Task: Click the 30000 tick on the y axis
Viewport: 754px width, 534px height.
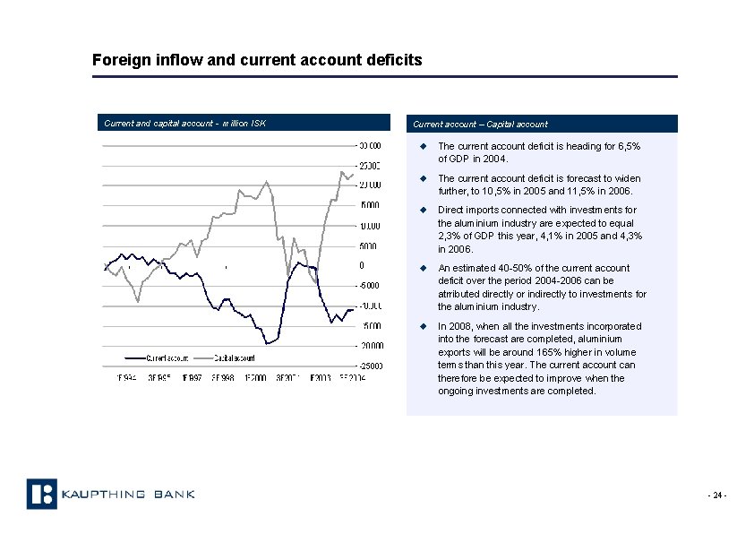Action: coord(370,146)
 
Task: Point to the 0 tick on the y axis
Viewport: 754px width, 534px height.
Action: coord(362,266)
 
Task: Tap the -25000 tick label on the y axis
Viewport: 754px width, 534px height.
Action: coord(370,366)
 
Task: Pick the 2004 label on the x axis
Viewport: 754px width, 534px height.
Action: coord(351,378)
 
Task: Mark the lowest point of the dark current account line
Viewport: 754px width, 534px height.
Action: coord(268,343)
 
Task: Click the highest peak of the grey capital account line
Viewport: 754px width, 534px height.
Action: coord(342,171)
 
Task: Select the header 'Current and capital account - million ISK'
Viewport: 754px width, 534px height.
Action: coord(184,124)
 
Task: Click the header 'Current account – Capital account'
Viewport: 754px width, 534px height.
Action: coord(480,124)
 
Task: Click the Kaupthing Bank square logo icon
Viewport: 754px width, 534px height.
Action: coord(41,494)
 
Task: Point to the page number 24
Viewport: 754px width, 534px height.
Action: coord(717,495)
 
